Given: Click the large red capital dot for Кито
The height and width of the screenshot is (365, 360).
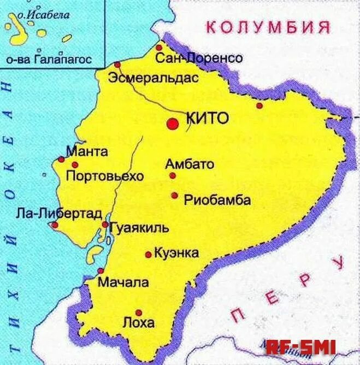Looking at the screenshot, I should tap(173, 123).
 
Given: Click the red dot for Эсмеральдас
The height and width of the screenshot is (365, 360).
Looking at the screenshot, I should tap(117, 64).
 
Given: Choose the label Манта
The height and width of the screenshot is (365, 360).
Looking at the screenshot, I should tap(87, 151).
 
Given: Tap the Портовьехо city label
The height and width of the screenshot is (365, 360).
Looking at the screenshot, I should tap(104, 176).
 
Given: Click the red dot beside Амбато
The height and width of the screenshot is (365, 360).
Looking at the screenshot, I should tap(173, 175).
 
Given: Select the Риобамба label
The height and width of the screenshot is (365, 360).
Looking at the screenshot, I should tap(217, 200).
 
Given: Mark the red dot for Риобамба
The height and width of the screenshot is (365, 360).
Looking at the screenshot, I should tap(174, 195).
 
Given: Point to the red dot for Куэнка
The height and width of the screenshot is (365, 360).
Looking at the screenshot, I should tap(148, 255).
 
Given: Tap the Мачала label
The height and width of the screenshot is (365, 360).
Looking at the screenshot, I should tap(123, 282).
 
